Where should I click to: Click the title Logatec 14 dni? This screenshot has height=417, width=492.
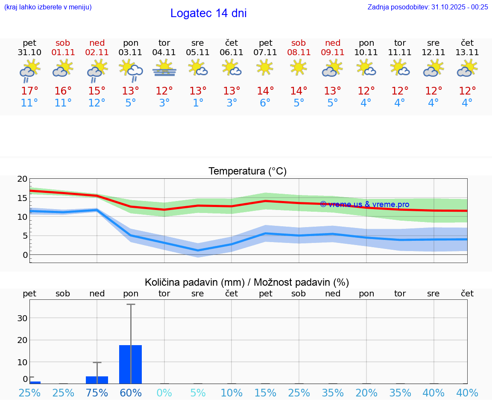208,13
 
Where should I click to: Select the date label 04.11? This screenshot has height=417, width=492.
164,52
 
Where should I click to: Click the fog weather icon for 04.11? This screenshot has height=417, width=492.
164,68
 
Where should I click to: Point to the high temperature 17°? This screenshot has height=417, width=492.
29,91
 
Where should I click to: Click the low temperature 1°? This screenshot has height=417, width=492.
198,103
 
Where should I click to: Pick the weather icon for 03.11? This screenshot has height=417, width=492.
131,69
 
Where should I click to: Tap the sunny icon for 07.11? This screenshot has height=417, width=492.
265,67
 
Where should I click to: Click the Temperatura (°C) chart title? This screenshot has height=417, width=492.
247,171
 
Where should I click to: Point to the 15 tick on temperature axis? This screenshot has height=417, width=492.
23,198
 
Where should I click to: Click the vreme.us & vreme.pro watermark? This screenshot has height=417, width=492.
364,204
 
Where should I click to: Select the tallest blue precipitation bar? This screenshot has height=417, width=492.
130,364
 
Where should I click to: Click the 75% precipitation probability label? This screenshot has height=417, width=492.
97,393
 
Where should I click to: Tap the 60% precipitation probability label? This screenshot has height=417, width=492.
131,393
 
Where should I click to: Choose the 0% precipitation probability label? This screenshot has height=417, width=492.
164,393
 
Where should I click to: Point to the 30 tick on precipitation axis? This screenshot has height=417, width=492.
22,318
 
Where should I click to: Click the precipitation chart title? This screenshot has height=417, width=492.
247,282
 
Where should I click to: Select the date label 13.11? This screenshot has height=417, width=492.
467,52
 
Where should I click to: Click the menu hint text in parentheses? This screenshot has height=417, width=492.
48,7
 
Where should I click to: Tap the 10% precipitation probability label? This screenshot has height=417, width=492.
231,393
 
